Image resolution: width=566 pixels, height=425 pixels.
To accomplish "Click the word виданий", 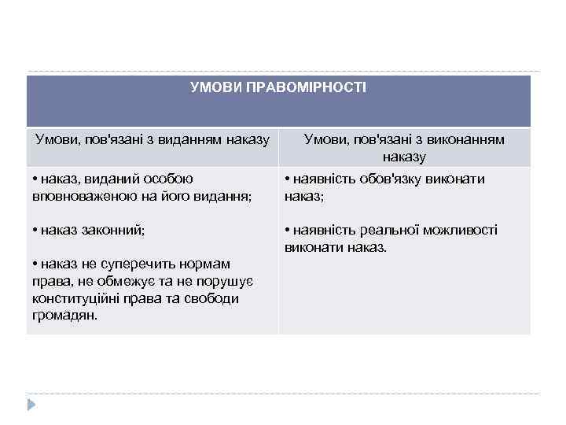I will tap(105, 179).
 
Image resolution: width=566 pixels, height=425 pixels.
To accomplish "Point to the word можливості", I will tap(457, 231).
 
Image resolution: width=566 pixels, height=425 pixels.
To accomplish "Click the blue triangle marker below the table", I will tap(31, 404).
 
